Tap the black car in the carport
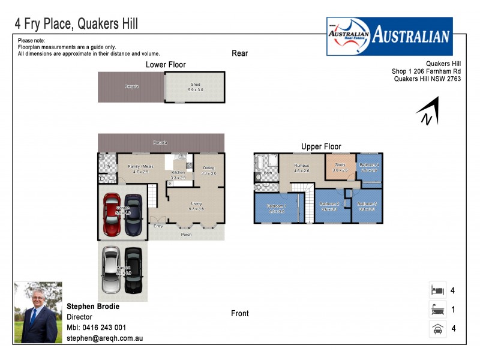click(133, 270)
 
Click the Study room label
click(340, 164)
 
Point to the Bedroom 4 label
click(368, 164)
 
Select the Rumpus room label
click(301, 164)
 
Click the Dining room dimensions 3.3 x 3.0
click(208, 173)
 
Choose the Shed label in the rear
click(195, 85)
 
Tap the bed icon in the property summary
click(437, 290)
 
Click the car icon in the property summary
click(437, 328)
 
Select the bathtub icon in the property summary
click(437, 310)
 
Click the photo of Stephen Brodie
click(38, 313)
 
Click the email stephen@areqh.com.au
click(104, 338)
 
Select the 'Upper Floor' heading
click(321, 146)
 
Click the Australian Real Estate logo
click(389, 36)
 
